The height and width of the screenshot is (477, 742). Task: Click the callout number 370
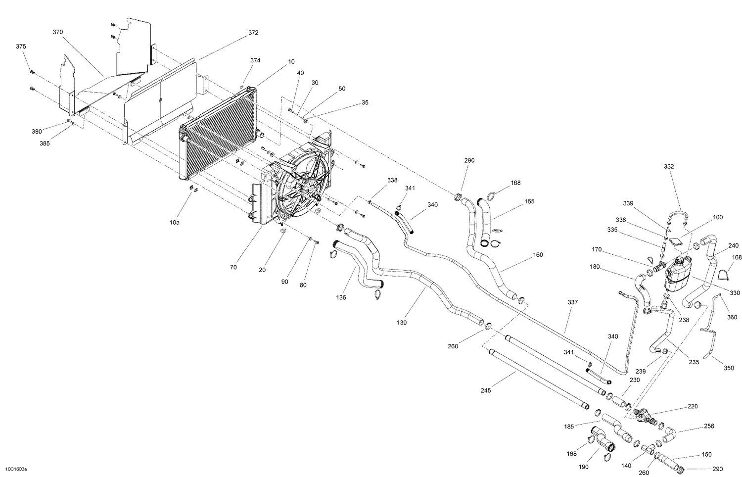pyautogui.click(x=58, y=32)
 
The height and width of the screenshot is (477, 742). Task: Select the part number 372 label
pyautogui.click(x=253, y=33)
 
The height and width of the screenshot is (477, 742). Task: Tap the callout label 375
pyautogui.click(x=21, y=47)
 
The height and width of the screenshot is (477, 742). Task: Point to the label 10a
pyautogui.click(x=174, y=223)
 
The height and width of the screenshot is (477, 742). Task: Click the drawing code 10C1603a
pyautogui.click(x=16, y=469)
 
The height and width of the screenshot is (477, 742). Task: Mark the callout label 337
pyautogui.click(x=573, y=302)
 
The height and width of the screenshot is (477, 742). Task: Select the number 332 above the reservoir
pyautogui.click(x=669, y=167)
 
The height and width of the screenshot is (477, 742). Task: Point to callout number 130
pyautogui.click(x=402, y=323)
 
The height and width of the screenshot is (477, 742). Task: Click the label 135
pyautogui.click(x=341, y=297)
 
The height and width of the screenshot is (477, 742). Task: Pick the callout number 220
pyautogui.click(x=693, y=406)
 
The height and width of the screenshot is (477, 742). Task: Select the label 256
pyautogui.click(x=709, y=426)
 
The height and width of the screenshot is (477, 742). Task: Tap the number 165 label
pyautogui.click(x=529, y=201)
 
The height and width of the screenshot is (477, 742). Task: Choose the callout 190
pyautogui.click(x=583, y=467)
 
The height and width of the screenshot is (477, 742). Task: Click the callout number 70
pyautogui.click(x=233, y=267)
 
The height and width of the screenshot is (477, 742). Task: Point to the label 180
pyautogui.click(x=595, y=267)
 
